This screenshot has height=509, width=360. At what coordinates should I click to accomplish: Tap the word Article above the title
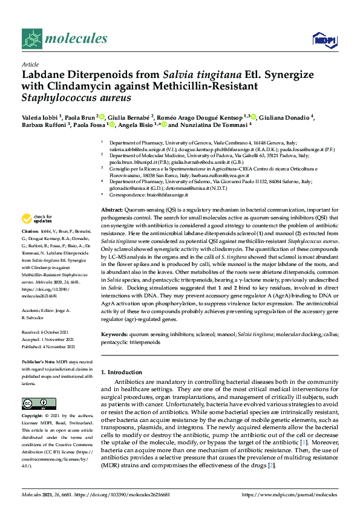tap(30, 63)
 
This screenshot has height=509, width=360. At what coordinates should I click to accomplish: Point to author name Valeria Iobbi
tap(41, 117)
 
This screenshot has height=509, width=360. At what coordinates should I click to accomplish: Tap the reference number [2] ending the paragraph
tap(273, 465)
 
